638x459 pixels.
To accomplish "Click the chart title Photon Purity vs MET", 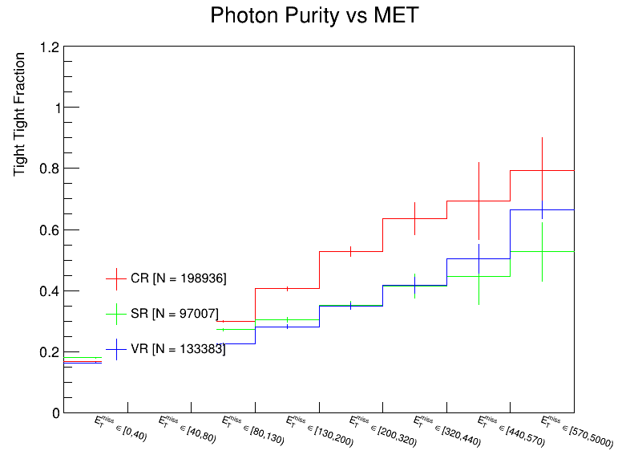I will [x=313, y=15].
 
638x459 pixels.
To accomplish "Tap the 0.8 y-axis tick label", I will [x=49, y=169].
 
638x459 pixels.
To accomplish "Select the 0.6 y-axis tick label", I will [x=49, y=230].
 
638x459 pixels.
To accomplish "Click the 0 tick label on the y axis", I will [x=55, y=413].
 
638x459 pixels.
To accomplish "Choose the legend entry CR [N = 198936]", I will [x=178, y=278].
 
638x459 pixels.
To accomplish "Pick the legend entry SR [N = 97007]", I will [x=174, y=314].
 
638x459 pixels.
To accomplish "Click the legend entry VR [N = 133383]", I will [x=178, y=349].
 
